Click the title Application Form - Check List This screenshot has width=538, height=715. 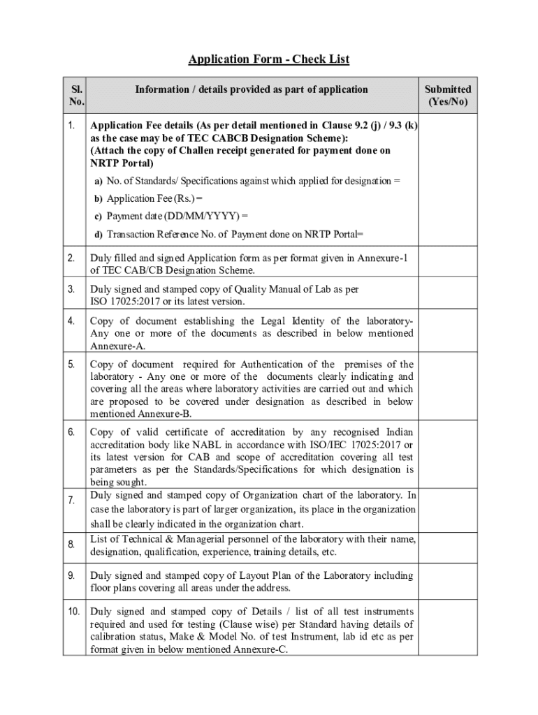[268, 59]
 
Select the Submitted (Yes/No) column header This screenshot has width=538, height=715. [448, 96]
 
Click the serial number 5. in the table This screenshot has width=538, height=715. [72, 364]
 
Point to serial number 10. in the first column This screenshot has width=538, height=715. [74, 612]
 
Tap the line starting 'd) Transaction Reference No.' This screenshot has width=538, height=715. [229, 235]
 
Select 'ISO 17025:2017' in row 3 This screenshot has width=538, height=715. [124, 301]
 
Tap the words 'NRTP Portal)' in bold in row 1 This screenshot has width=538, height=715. [122, 163]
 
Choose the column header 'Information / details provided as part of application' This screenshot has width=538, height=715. [252, 89]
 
